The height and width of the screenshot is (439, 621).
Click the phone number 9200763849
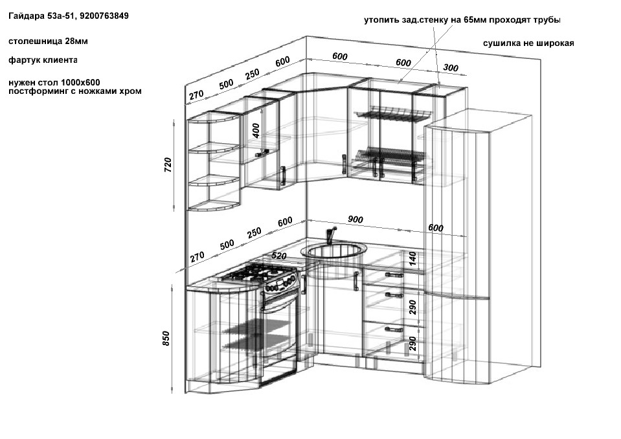[104, 16]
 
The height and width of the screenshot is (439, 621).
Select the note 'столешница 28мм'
[48, 41]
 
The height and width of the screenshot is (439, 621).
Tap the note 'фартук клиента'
[43, 60]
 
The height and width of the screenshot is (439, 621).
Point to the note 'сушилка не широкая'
[528, 43]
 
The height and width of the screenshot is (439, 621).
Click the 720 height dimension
[168, 164]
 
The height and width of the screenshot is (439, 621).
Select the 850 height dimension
[166, 339]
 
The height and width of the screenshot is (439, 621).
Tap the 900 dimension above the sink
[356, 219]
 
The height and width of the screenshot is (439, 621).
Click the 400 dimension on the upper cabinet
[256, 131]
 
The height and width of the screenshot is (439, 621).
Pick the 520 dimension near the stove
[279, 256]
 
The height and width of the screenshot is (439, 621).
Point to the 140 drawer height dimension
[412, 258]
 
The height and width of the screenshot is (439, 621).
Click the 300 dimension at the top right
[451, 67]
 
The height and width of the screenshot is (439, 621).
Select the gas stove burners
[259, 273]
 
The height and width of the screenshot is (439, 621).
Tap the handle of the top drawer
[394, 275]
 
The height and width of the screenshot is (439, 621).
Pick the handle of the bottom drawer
[394, 329]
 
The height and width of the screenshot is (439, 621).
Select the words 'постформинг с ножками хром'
[75, 91]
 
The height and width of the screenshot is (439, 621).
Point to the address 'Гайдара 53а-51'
[42, 16]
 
